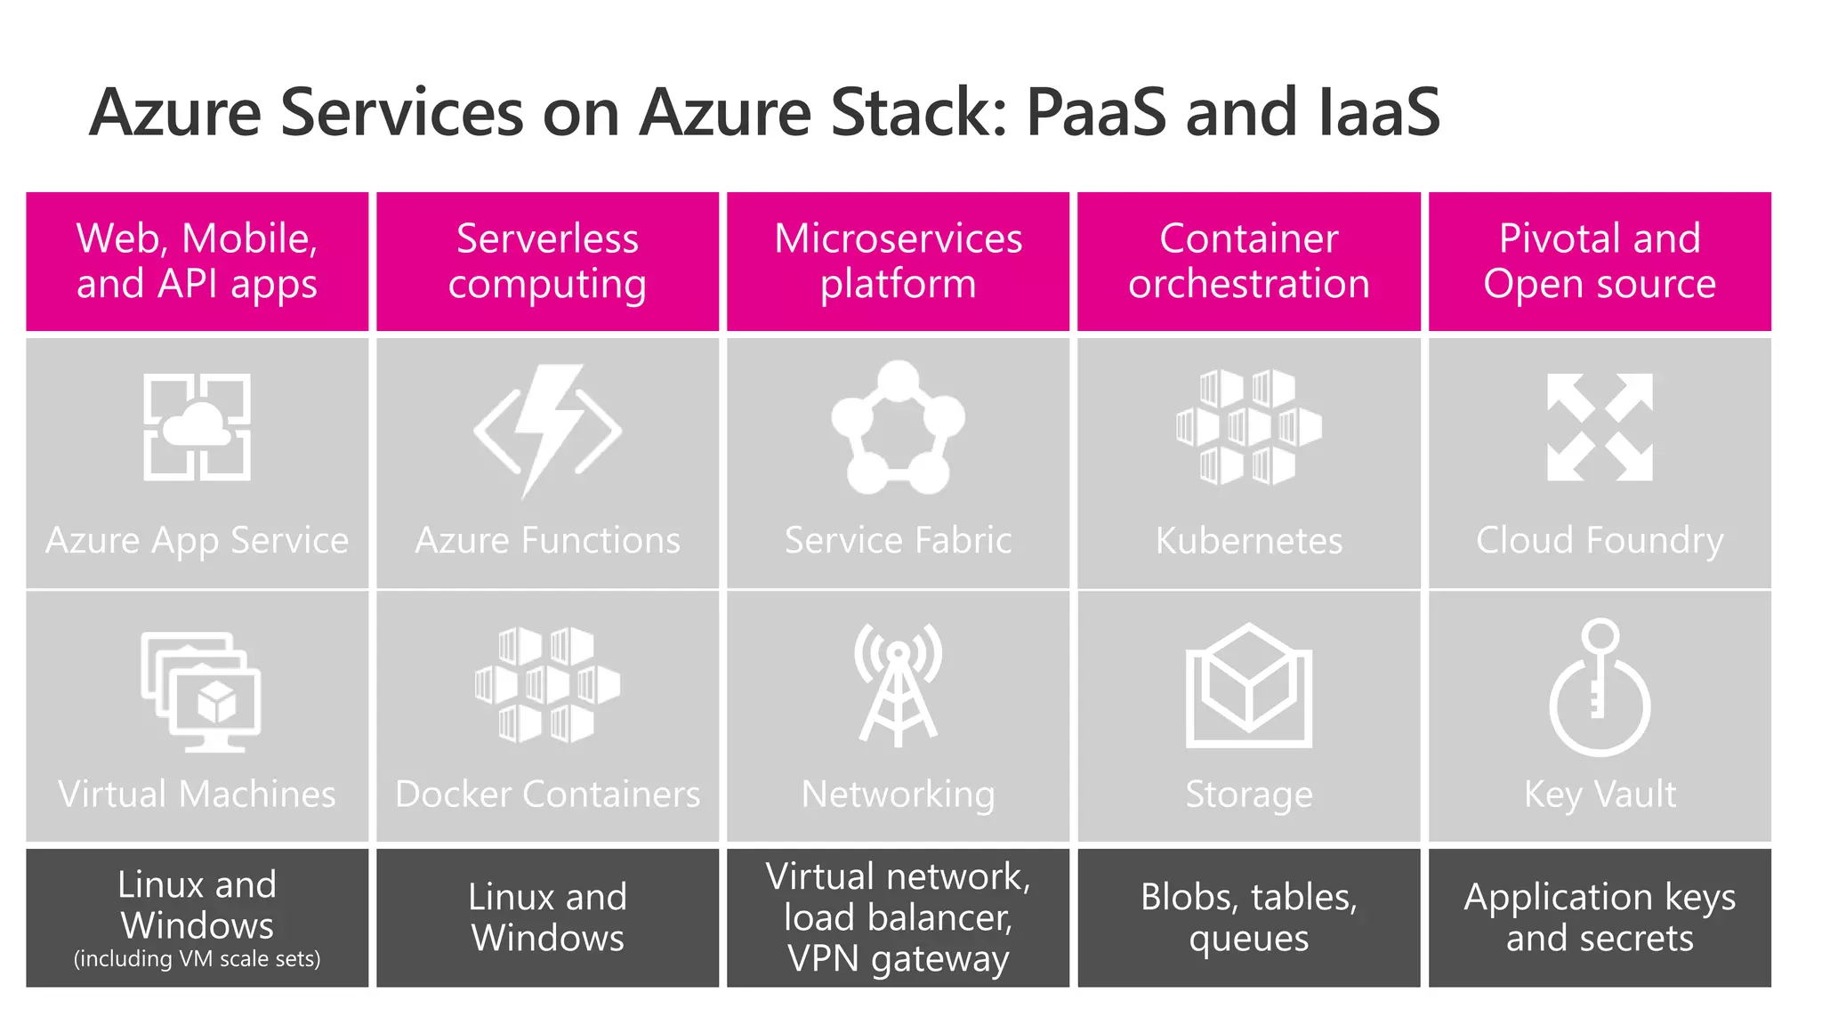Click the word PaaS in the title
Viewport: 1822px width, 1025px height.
pos(1095,113)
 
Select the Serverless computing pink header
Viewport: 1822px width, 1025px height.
pos(547,262)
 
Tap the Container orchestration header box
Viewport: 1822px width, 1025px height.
pos(1248,262)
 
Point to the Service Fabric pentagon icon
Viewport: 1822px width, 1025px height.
pos(898,428)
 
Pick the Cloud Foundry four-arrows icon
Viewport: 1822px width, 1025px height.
pos(1600,428)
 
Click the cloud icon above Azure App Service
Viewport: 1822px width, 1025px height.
pos(197,427)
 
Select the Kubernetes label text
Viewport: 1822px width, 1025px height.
pos(1248,541)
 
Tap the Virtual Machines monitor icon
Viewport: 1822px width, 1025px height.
pos(200,691)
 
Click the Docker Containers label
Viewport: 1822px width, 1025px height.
pos(547,795)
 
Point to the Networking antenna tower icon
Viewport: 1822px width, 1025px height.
pos(898,684)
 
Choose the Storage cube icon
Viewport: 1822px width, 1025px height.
pos(1248,685)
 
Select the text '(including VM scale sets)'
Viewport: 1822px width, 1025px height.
pos(197,959)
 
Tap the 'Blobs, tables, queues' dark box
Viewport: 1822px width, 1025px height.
pos(1248,917)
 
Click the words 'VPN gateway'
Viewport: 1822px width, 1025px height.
pos(898,959)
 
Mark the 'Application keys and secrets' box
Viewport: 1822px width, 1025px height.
pos(1600,917)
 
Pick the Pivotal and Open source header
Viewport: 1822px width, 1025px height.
pos(1600,262)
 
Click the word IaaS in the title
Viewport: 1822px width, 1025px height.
pos(1378,113)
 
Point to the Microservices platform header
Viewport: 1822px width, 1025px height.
pos(898,262)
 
